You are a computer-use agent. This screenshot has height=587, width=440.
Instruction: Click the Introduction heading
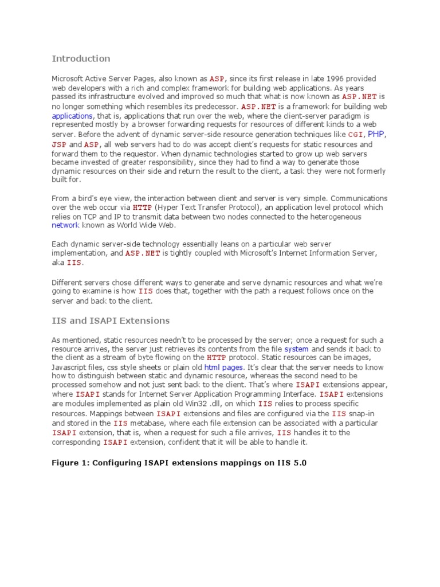(81, 58)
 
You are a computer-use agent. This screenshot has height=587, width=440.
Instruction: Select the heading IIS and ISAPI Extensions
(111, 320)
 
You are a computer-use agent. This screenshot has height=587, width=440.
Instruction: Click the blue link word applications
(72, 115)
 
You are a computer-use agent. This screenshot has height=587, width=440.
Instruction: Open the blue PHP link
(376, 134)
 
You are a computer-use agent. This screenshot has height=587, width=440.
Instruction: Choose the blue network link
(64, 225)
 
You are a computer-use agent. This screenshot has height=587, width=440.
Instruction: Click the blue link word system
(296, 349)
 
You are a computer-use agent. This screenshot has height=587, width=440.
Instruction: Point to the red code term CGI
(356, 134)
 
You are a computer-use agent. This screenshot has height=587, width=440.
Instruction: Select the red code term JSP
(59, 145)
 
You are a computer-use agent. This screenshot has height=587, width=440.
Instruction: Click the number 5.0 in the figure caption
(298, 463)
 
